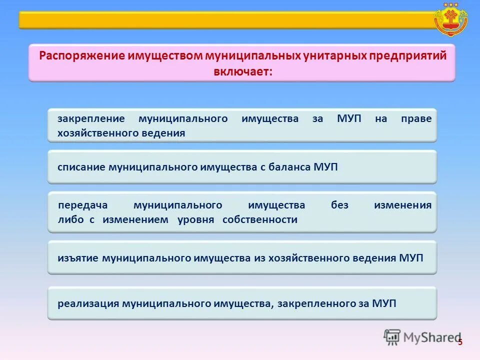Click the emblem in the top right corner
pyautogui.click(x=451, y=18)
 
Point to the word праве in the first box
pyautogui.click(x=416, y=119)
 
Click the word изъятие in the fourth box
pyautogui.click(x=78, y=258)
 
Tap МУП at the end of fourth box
pyautogui.click(x=411, y=258)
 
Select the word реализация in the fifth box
pyautogui.click(x=88, y=303)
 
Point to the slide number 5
pyautogui.click(x=460, y=341)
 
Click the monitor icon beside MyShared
pyautogui.click(x=392, y=337)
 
